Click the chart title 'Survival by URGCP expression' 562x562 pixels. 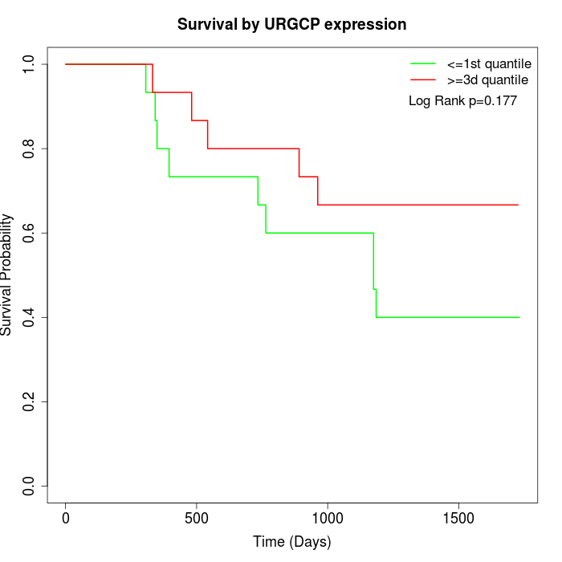coord(291,25)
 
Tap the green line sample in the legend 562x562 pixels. coord(423,63)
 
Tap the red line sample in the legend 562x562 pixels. coord(423,80)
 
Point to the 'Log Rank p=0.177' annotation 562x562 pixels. coord(462,101)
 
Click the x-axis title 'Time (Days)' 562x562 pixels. coord(291,542)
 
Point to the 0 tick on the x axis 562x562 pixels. coord(66,518)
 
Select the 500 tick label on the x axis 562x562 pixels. coord(197,518)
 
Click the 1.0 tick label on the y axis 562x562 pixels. coord(30,64)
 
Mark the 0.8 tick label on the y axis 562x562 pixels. coord(30,149)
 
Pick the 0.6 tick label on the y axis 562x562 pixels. coord(30,233)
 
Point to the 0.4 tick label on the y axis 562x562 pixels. coord(30,317)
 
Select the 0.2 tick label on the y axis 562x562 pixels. coord(30,401)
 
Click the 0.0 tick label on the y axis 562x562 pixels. coord(30,486)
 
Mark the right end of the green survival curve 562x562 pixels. coord(519,317)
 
